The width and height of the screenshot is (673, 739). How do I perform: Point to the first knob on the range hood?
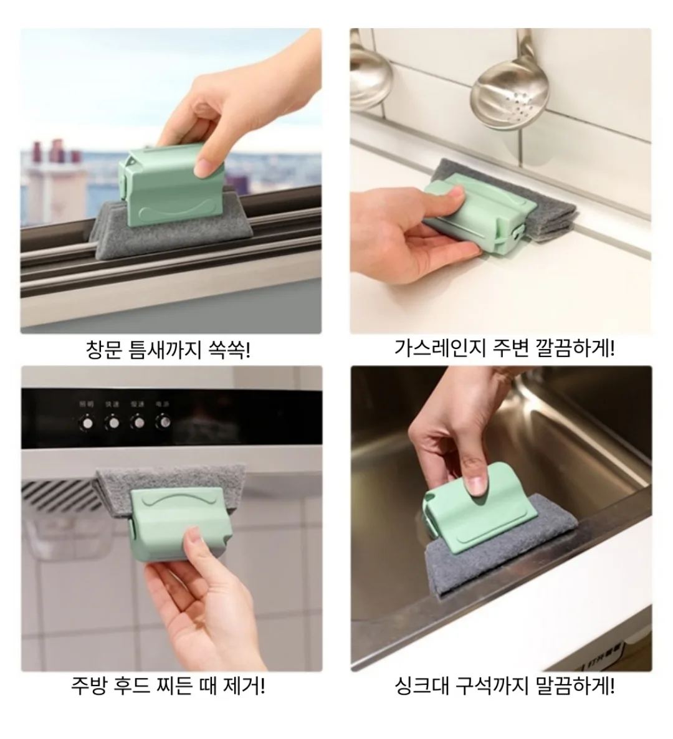tap(88, 422)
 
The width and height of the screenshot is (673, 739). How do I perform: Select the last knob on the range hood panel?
tap(163, 421)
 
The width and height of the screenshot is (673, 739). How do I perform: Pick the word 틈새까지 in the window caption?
tap(165, 350)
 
